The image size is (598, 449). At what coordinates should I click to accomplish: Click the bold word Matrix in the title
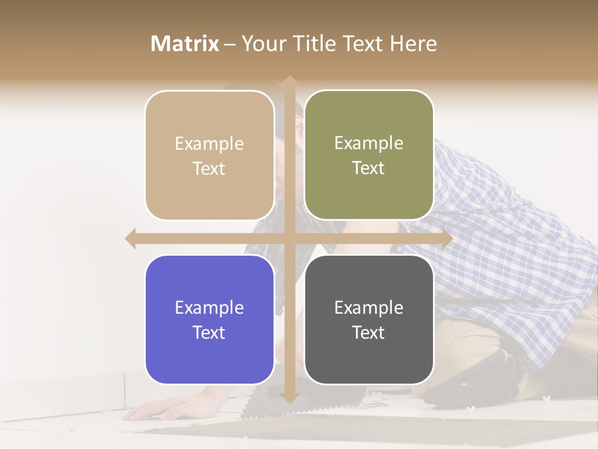(x=185, y=44)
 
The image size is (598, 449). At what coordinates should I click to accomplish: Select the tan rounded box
(x=209, y=155)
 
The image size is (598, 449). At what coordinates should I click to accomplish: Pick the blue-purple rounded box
(x=209, y=319)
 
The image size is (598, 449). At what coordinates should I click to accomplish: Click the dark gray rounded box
(x=369, y=319)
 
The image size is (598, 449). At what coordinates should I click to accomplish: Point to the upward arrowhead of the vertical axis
(x=288, y=82)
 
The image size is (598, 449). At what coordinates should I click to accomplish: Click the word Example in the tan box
(x=209, y=144)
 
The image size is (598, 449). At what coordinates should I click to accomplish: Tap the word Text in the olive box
(x=369, y=168)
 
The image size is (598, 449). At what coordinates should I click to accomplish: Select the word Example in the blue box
(x=209, y=308)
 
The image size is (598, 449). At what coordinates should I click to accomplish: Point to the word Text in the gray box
(x=369, y=333)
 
